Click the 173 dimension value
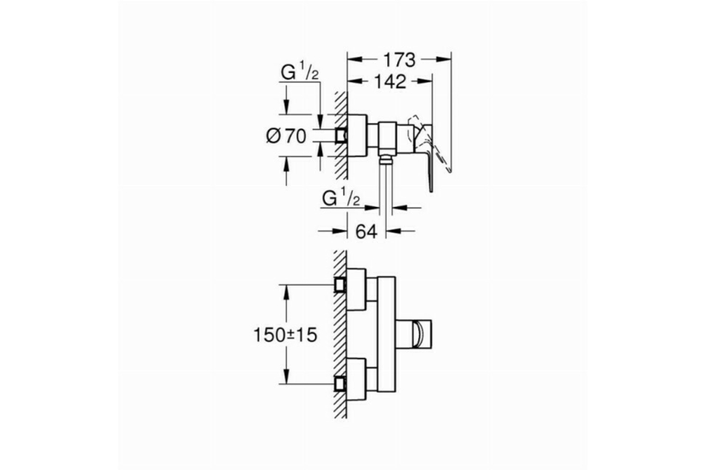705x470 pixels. [399, 60]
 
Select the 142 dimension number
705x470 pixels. [390, 82]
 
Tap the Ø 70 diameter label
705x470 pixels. [286, 136]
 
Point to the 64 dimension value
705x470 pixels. [367, 232]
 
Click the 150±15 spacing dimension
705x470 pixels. [286, 335]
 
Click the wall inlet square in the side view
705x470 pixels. [341, 136]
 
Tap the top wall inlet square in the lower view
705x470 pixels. [340, 285]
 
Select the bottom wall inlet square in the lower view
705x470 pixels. [340, 384]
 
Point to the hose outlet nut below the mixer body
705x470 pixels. [386, 159]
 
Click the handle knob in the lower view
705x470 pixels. [422, 334]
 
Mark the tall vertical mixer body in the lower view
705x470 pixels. [387, 334]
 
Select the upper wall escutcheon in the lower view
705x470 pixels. [356, 290]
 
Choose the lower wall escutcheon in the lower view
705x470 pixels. [356, 379]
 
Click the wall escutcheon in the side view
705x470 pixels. [357, 135]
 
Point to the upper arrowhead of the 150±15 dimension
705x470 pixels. [286, 292]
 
